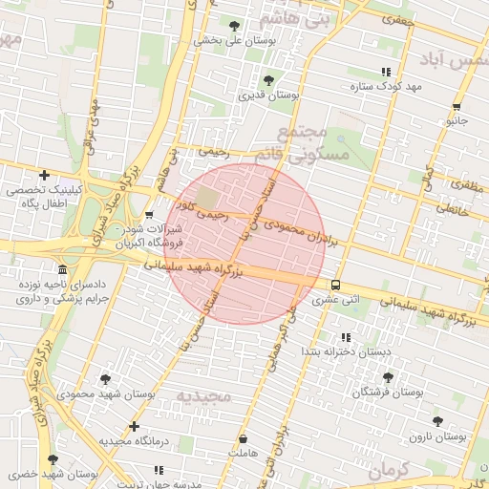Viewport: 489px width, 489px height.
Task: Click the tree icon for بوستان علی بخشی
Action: (235, 26)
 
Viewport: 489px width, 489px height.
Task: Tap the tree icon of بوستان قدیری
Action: (269, 80)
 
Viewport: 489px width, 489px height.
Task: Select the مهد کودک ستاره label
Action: (386, 87)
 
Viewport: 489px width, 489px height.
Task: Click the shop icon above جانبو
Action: (457, 107)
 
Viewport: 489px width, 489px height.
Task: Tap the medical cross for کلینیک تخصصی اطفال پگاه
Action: (45, 175)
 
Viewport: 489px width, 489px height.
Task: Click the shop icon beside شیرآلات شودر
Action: (149, 215)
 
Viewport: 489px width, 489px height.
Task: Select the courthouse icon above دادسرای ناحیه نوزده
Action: (63, 269)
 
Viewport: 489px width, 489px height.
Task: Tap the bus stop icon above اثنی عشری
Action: (335, 285)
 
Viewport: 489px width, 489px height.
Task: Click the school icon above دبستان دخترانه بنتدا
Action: (346, 337)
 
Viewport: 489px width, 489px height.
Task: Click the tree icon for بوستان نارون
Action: (437, 421)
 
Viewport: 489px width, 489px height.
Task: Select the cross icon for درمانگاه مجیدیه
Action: (134, 426)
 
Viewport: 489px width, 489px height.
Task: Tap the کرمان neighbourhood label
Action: (386, 470)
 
